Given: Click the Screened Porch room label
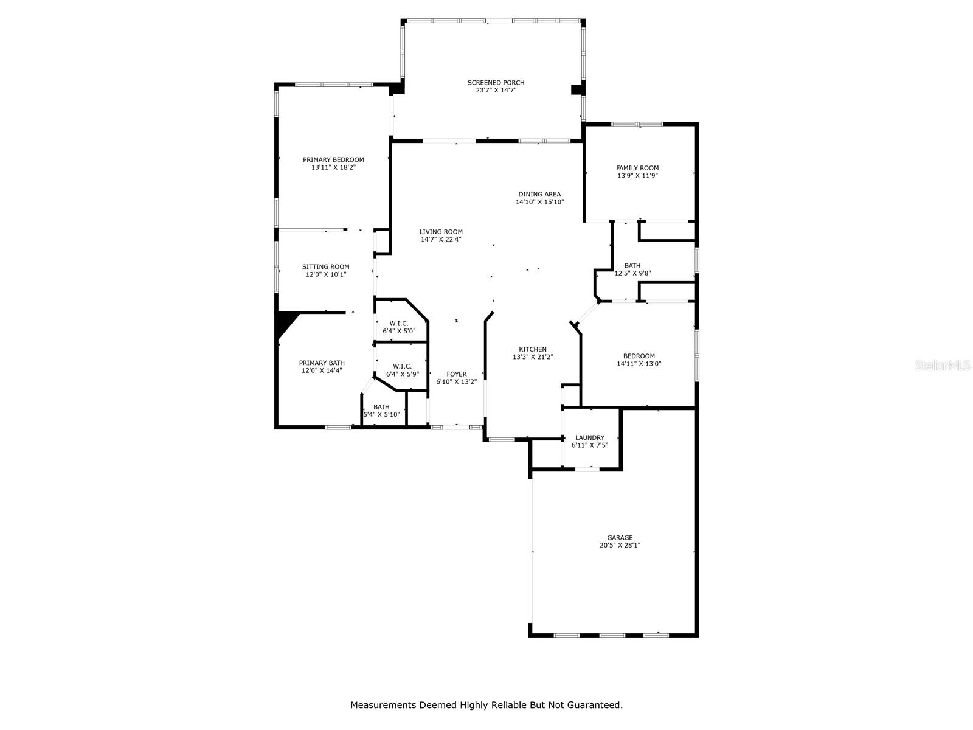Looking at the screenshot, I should click(496, 83).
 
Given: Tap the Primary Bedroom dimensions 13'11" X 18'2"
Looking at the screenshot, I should click(333, 167).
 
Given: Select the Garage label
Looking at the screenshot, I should click(620, 538).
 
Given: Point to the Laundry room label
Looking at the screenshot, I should click(590, 437).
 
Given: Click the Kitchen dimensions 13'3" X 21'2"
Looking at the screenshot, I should click(533, 357).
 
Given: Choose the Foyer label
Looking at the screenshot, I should click(456, 374).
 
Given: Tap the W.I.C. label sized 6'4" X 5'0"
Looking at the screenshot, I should click(399, 323).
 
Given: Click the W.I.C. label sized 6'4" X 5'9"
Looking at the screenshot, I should click(402, 366).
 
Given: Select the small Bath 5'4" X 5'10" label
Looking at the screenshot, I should click(381, 407).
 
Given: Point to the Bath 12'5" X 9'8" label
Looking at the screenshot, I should click(632, 265).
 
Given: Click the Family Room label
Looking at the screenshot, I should click(637, 168).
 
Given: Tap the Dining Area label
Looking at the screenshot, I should click(539, 194).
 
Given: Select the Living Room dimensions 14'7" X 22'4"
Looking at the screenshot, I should click(441, 240).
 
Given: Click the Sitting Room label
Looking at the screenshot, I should click(326, 266).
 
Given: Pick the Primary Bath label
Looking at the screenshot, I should click(322, 363).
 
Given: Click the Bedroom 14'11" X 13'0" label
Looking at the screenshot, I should click(639, 356).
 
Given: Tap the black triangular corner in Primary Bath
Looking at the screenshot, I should click(284, 322).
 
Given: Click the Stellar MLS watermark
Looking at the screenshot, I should click(940, 366).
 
